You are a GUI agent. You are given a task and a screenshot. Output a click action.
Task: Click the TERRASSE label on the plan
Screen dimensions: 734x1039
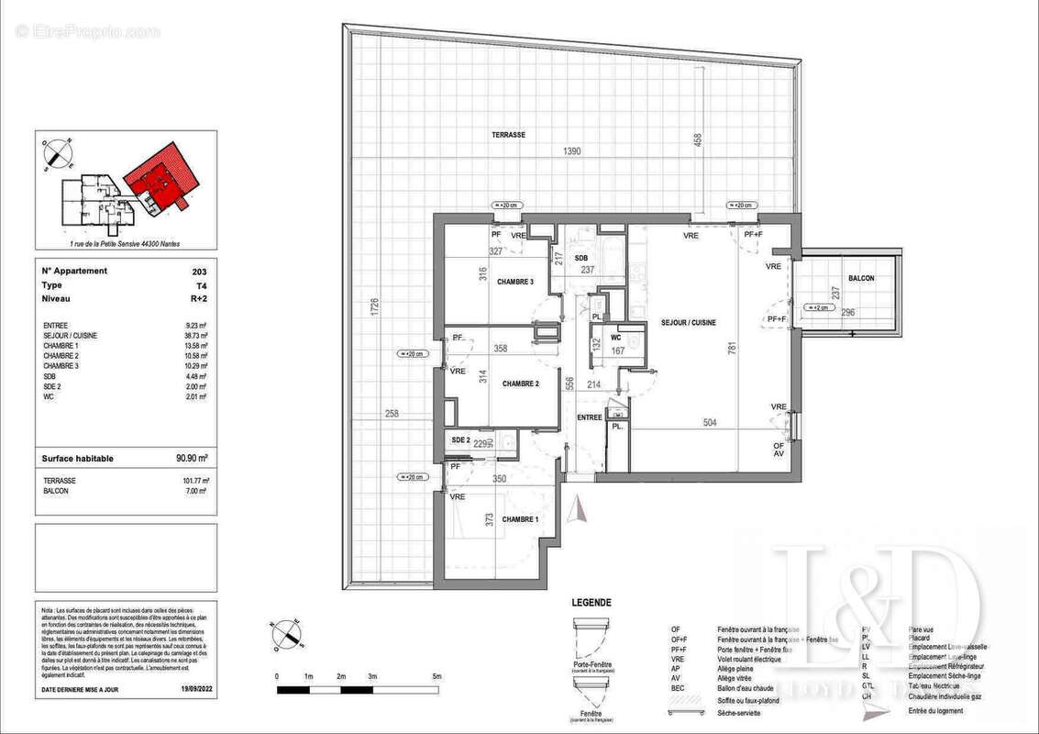pos(508,135)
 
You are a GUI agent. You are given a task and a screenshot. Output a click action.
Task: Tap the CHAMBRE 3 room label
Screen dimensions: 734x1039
pos(515,282)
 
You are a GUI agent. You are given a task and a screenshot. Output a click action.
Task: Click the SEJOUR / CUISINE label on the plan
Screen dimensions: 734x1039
pos(688,323)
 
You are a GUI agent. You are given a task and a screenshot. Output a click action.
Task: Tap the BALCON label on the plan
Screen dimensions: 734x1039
pos(861,279)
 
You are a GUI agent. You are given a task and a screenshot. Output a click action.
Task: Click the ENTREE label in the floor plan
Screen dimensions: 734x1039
pos(590,417)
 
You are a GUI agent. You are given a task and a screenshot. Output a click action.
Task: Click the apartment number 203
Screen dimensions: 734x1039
pos(200,272)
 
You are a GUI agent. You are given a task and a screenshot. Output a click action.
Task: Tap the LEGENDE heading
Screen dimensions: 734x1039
pos(591,603)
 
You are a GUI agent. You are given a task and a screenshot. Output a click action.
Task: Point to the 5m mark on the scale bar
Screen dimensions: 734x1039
pos(437,676)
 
